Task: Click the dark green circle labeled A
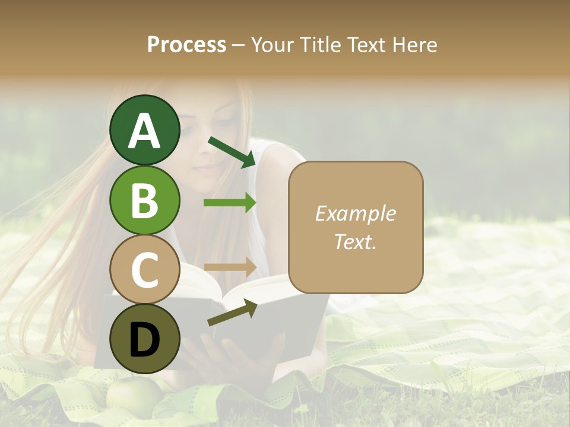click(x=144, y=130)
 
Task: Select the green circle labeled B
click(x=144, y=200)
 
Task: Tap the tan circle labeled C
click(x=144, y=269)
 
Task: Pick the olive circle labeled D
click(x=144, y=339)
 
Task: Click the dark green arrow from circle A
click(x=232, y=152)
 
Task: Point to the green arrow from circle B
click(x=230, y=203)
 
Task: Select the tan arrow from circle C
click(x=230, y=267)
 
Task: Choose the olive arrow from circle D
click(x=232, y=313)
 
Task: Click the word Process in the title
click(x=186, y=44)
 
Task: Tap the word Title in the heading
click(x=319, y=44)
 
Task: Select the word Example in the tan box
click(x=355, y=214)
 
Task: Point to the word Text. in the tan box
click(x=355, y=241)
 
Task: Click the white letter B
click(x=144, y=200)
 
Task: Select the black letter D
click(x=144, y=339)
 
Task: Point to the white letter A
click(x=144, y=130)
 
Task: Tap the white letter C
click(x=144, y=269)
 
